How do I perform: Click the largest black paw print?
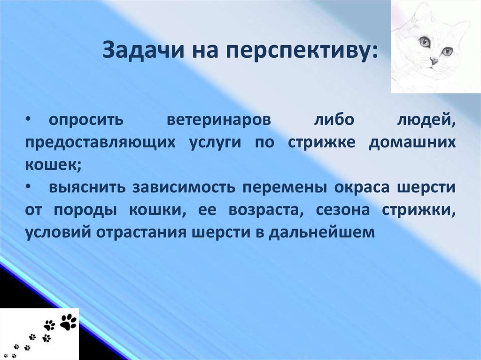coord(69,322)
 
